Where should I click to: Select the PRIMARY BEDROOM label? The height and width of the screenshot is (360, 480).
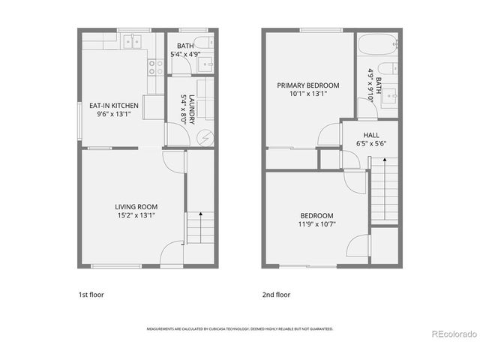[307, 85]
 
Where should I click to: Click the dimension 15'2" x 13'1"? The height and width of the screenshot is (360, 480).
[136, 215]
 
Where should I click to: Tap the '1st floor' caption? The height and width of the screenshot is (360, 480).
[91, 295]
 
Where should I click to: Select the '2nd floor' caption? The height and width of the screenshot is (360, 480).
[276, 295]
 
